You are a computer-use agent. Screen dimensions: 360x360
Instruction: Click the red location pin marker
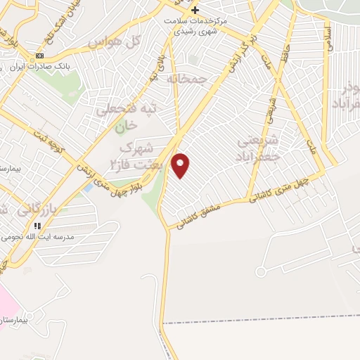[x=181, y=165]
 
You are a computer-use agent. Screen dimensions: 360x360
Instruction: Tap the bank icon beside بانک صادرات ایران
[x=40, y=56]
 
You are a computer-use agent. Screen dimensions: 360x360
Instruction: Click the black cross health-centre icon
[x=195, y=10]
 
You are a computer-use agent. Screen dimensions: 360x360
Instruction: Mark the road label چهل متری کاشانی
[x=284, y=190]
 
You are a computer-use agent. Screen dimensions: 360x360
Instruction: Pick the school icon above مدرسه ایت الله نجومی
[x=36, y=226]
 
